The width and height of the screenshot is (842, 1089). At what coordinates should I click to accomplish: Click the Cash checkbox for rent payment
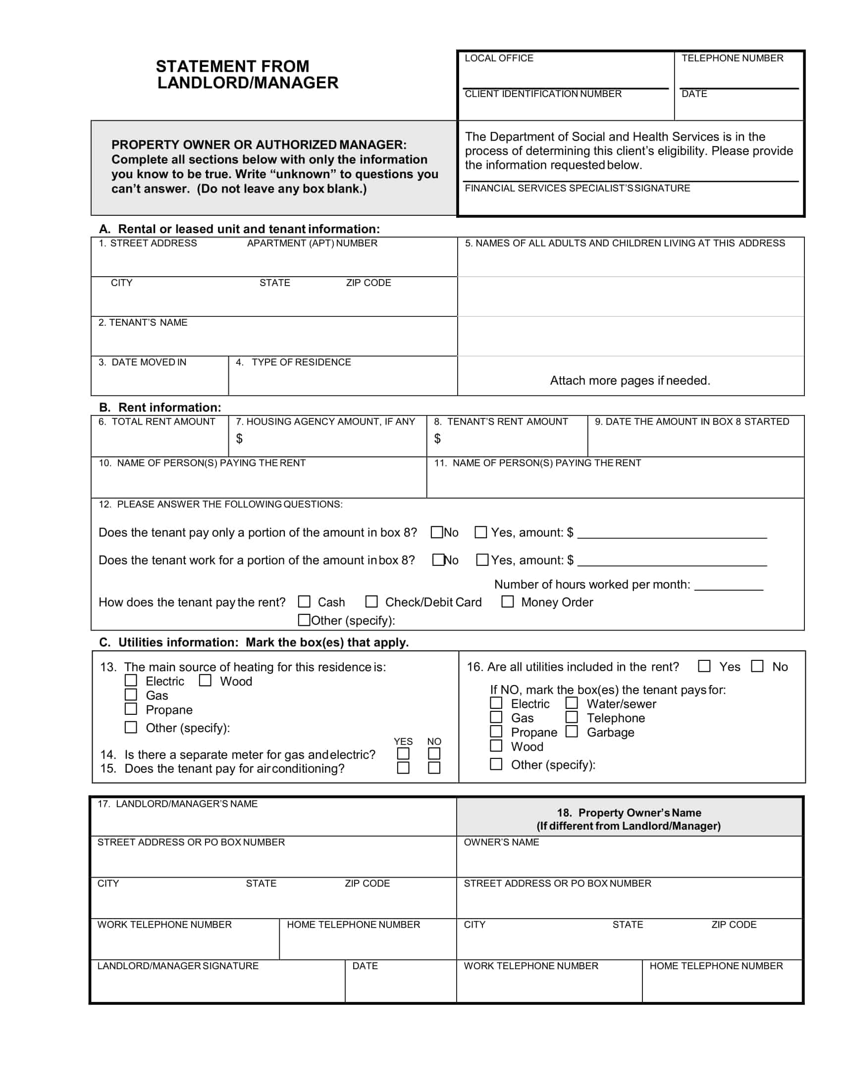point(304,601)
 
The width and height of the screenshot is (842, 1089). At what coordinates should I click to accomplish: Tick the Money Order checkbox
point(507,601)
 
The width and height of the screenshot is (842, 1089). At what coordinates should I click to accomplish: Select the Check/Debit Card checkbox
point(371,601)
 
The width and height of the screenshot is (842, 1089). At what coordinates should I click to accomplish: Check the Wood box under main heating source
point(205,680)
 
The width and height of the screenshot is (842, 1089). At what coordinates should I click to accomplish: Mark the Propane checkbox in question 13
point(131,708)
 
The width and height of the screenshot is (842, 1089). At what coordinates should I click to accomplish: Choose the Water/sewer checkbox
point(572,703)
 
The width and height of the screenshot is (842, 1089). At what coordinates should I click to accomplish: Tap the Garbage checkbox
point(572,732)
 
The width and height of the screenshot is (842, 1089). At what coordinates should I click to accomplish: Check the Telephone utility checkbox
point(572,717)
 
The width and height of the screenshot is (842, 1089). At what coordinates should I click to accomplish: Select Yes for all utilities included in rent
point(704,666)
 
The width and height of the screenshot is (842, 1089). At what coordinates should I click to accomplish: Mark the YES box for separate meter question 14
point(403,753)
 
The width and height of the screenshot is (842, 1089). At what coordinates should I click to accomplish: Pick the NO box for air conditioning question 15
point(434,768)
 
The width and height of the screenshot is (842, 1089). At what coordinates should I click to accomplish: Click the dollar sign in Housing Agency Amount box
point(239,438)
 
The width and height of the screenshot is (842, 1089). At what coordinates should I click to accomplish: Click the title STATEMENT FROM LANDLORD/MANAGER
point(248,74)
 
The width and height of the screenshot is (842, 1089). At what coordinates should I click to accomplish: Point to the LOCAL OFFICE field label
point(499,58)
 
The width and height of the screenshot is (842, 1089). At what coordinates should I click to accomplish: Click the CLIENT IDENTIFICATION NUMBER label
point(543,94)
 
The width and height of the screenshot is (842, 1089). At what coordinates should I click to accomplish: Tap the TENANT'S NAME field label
point(143,323)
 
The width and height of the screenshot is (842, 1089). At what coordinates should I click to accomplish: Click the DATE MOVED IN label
point(142,362)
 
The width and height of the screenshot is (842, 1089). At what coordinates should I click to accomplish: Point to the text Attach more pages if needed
point(630,381)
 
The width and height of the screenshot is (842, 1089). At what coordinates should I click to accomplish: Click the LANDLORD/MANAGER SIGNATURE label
point(178,966)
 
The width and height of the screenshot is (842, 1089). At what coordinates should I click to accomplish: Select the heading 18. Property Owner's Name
point(629,813)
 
